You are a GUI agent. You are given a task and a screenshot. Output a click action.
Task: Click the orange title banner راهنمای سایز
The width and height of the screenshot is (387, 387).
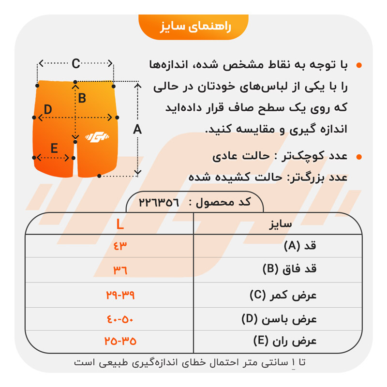[193, 27]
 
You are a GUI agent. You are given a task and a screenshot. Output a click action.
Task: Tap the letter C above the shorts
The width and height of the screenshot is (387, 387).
[76, 63]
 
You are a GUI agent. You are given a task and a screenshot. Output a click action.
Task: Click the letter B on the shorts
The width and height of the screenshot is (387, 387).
[82, 99]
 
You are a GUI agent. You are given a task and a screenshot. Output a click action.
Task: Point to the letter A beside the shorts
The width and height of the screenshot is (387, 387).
[137, 130]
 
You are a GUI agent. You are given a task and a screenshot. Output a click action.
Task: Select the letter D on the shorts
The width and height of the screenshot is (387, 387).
[47, 110]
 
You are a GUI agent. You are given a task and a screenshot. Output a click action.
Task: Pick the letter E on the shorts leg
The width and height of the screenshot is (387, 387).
[54, 148]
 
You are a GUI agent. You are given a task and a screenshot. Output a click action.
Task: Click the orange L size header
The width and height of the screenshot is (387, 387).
[120, 224]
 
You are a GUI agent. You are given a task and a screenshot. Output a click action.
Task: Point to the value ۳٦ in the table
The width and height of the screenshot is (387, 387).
[120, 270]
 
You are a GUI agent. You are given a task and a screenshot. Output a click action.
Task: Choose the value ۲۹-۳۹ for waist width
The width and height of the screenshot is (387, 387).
[120, 295]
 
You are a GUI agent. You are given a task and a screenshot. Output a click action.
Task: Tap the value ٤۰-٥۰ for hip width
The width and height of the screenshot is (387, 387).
[120, 319]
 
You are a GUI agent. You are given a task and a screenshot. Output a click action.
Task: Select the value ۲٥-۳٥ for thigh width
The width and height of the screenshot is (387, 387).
[120, 341]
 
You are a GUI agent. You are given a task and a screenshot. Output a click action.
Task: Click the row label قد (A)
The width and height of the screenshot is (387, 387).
[300, 246]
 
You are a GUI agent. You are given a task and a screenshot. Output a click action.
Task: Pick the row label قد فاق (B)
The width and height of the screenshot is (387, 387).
[290, 270]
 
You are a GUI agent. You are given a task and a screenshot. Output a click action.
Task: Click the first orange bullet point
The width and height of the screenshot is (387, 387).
[358, 65]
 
